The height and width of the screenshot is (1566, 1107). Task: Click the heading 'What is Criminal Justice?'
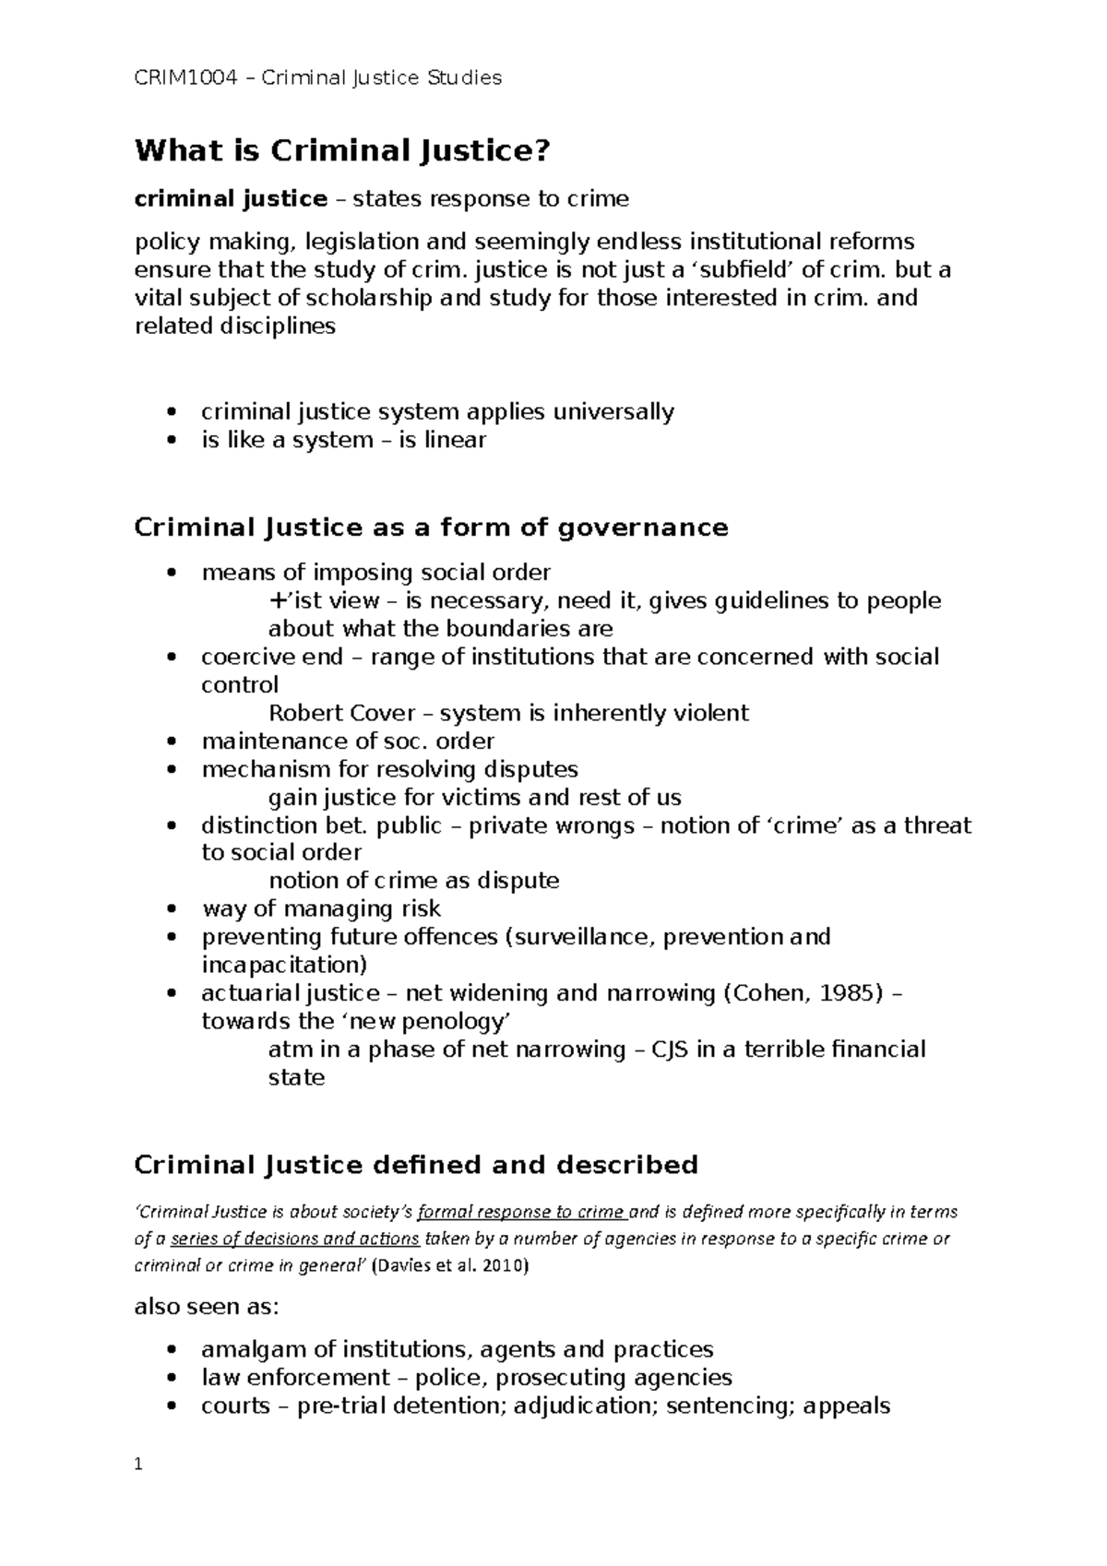(x=341, y=150)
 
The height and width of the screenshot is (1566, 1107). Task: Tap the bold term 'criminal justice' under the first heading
(x=231, y=199)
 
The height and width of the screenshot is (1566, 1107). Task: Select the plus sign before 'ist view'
(x=277, y=601)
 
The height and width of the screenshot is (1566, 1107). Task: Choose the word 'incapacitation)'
(x=284, y=965)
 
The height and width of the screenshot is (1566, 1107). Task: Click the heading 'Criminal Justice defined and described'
(x=416, y=1165)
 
